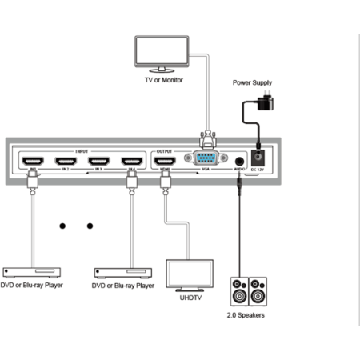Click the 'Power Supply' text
pos(253,82)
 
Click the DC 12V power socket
pos(259,158)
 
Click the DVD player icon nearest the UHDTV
pos(122,269)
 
